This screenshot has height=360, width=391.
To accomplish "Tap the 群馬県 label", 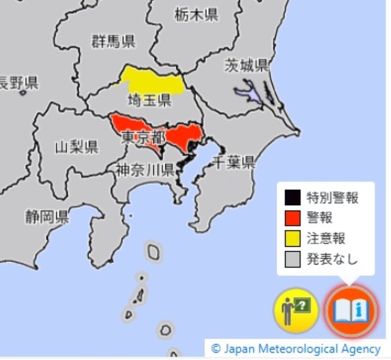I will point(113,42).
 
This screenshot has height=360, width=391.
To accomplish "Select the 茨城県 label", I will point(246,65).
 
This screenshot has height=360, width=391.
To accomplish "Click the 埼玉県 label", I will point(149,101).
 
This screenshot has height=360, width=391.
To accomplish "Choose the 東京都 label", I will point(142,137).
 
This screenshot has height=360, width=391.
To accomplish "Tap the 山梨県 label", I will point(76,147).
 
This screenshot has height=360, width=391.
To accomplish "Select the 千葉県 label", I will point(234,162).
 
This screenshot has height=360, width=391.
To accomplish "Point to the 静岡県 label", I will point(47,217).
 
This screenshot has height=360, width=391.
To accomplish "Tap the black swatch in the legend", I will point(292,197).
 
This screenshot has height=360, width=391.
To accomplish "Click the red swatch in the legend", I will point(292,218).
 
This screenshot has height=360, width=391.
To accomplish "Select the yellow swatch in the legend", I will point(292,238).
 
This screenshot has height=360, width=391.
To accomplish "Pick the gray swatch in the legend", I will point(292,259).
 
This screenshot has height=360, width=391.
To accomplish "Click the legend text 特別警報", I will point(332,197).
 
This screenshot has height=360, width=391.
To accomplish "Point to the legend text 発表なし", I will point(332,259).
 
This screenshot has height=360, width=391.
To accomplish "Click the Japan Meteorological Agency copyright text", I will point(295,349).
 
